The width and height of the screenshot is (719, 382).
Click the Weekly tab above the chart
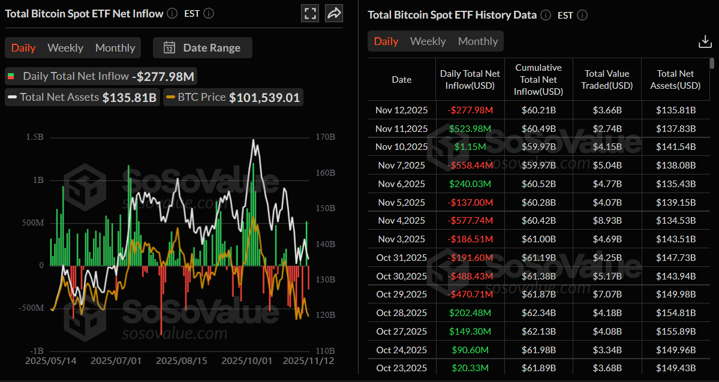65,48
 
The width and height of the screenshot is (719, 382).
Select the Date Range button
203,48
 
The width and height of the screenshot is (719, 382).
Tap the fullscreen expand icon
311,14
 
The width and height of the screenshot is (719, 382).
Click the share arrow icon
334,14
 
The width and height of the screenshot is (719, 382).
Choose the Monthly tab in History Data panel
478,41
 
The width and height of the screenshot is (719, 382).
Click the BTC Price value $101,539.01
264,97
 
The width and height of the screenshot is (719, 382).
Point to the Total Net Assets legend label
59,97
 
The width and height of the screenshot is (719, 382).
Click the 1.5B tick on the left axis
35,137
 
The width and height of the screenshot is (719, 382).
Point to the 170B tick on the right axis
324,137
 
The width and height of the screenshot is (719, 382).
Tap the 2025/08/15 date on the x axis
182,361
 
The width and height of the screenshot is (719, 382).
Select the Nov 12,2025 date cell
401,110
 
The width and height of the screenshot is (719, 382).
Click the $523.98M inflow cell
470,129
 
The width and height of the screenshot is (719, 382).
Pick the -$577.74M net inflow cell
470,221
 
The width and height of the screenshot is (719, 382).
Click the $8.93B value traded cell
607,221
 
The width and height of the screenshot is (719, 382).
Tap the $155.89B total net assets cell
675,331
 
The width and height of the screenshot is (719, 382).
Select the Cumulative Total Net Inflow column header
539,80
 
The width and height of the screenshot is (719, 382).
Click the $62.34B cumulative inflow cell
539,313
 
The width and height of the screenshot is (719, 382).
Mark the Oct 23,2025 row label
401,368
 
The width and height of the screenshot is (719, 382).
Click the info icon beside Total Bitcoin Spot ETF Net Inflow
172,13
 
